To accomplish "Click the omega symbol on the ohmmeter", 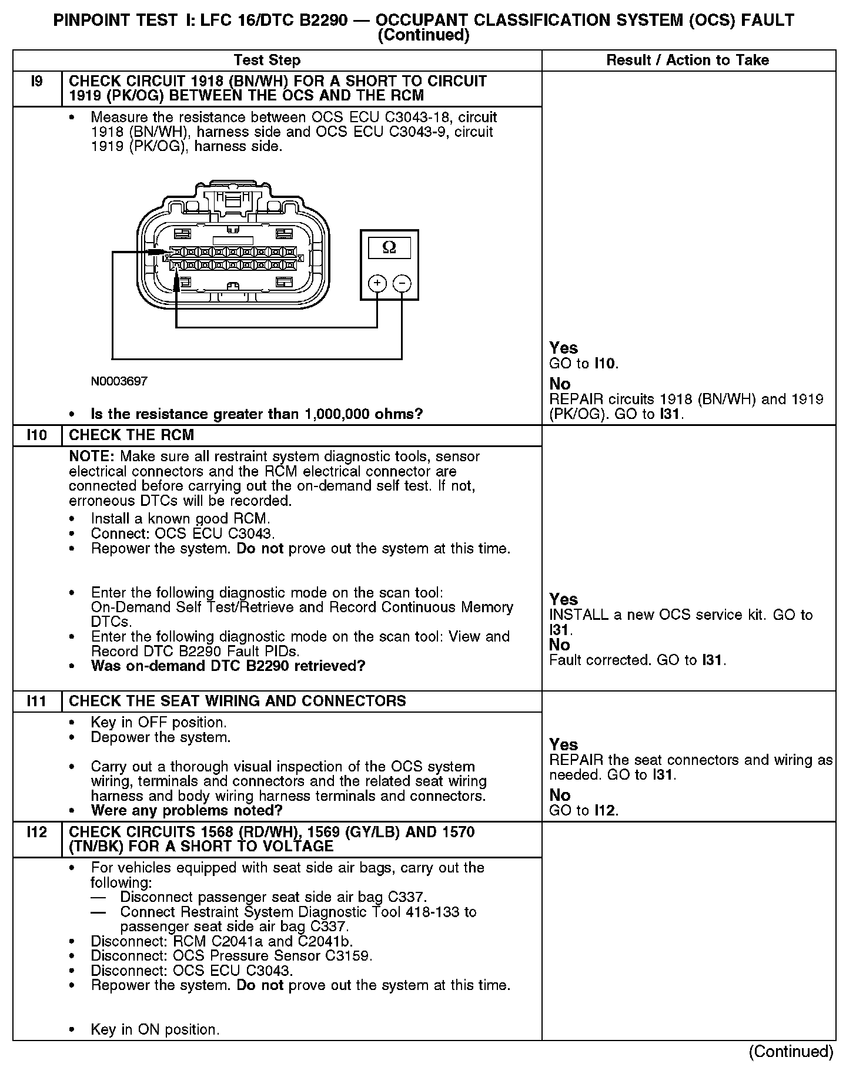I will (x=389, y=247).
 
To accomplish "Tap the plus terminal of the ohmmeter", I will (x=377, y=284).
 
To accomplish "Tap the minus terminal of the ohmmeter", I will (x=402, y=284).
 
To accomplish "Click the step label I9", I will (x=36, y=81).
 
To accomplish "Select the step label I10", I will (x=36, y=435).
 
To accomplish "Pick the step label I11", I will (x=36, y=701).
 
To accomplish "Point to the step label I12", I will (x=36, y=832).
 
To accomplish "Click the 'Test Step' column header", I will (x=267, y=60).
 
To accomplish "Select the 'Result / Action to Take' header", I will (x=687, y=60).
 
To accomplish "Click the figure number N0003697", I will (x=119, y=381).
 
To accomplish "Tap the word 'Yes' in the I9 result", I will (x=563, y=348).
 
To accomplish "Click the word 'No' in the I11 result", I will (x=560, y=795).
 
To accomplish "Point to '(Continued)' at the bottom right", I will (x=791, y=1051).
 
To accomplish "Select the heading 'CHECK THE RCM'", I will (x=131, y=435).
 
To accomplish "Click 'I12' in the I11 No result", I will (x=606, y=810).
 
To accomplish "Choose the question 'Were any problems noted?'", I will (x=186, y=811).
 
